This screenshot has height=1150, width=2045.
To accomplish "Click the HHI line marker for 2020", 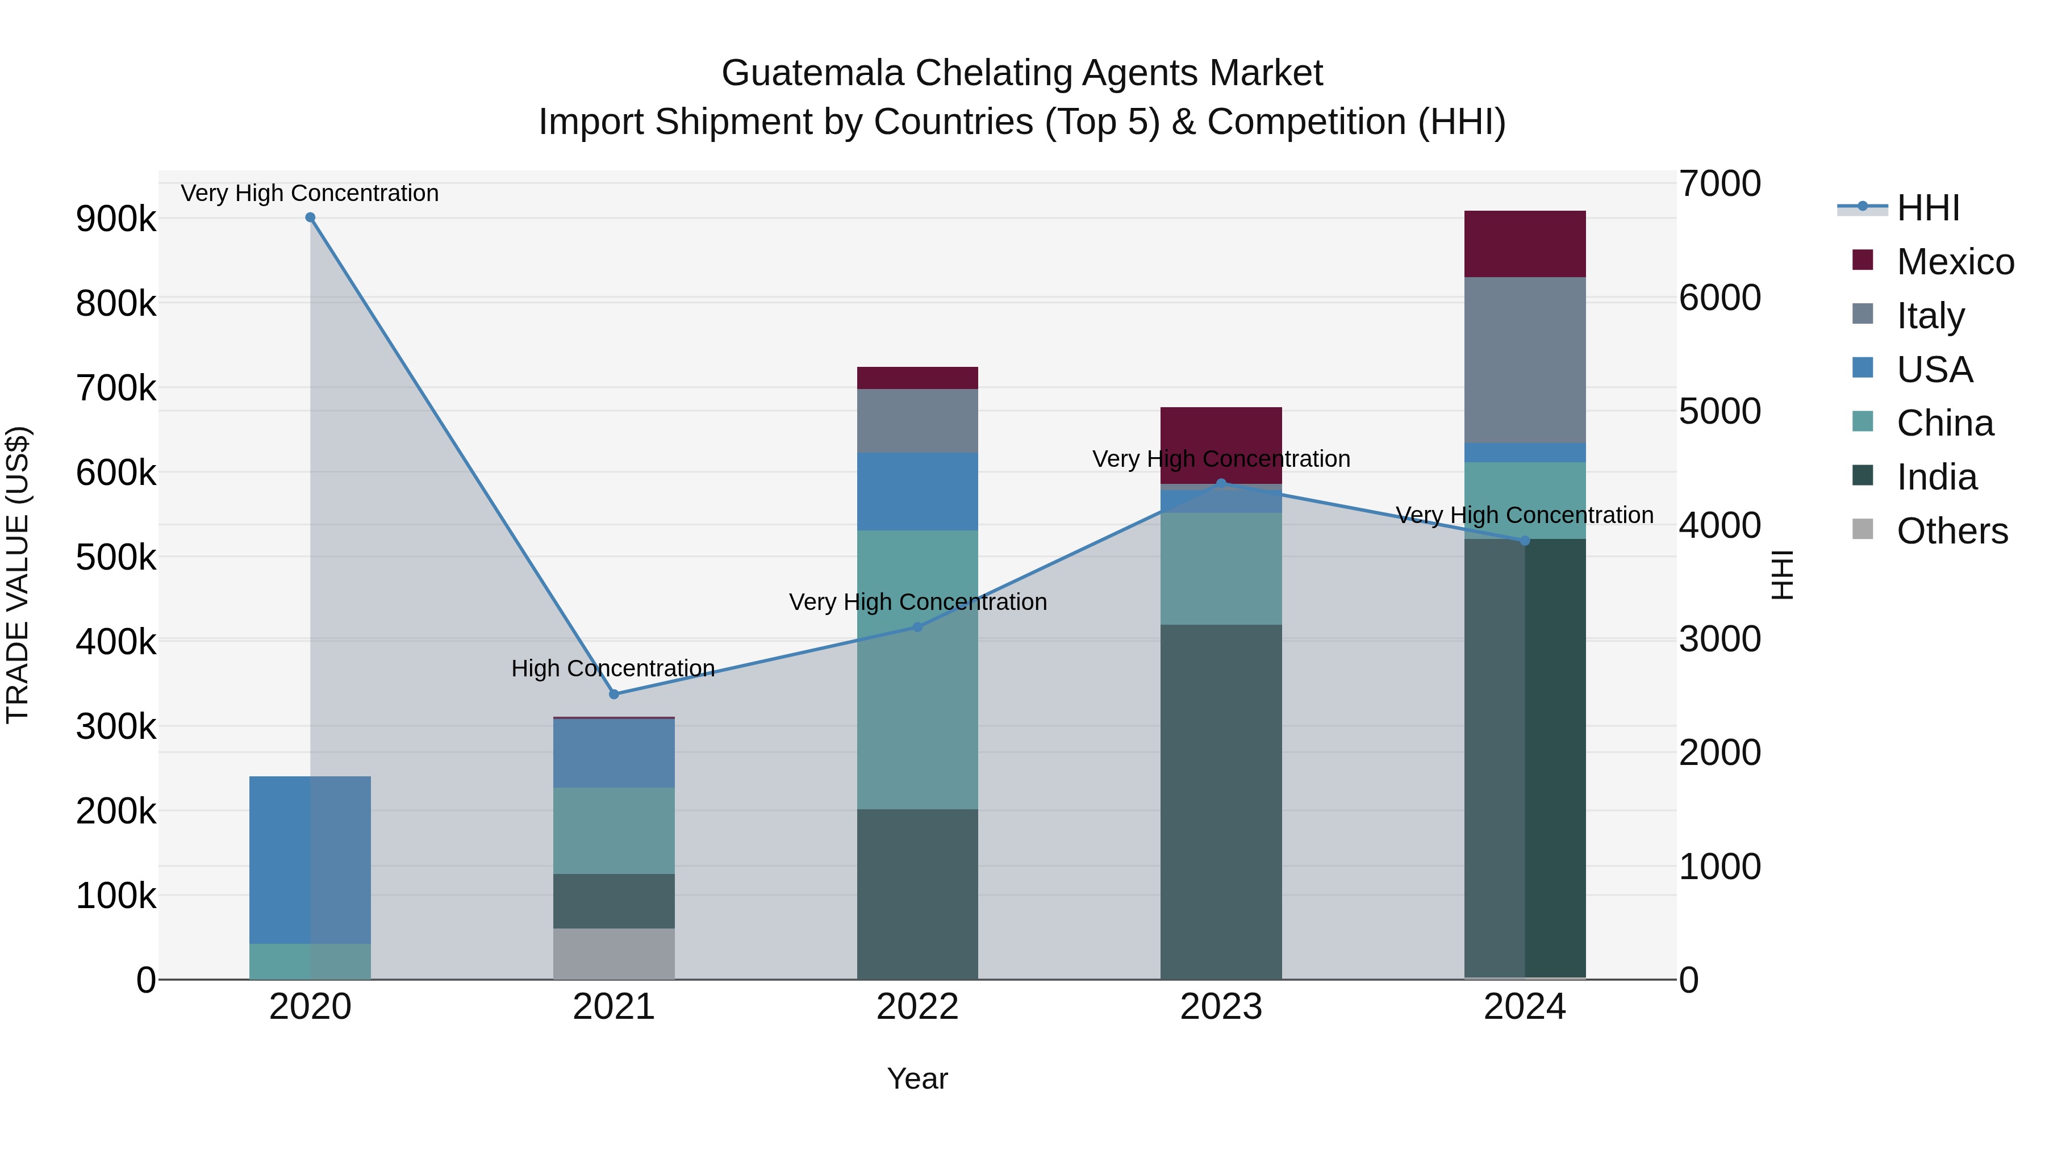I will click(310, 218).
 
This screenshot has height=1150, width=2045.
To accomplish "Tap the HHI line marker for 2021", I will click(613, 695).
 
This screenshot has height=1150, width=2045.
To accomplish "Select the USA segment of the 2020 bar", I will click(310, 860).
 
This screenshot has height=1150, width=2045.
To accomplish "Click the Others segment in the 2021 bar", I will click(613, 954).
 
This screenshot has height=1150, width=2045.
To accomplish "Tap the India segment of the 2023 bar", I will click(1221, 801).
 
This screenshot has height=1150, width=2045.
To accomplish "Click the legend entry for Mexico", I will click(1955, 262).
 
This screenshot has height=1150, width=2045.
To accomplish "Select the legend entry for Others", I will click(1951, 531).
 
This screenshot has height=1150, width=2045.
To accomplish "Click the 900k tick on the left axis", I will click(116, 219).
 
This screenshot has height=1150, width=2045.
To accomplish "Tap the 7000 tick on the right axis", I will click(1720, 183).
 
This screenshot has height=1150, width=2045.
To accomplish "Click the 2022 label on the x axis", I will click(918, 1007).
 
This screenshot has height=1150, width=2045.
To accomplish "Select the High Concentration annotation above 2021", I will click(613, 668).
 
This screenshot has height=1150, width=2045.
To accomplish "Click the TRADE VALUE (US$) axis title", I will click(18, 575).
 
